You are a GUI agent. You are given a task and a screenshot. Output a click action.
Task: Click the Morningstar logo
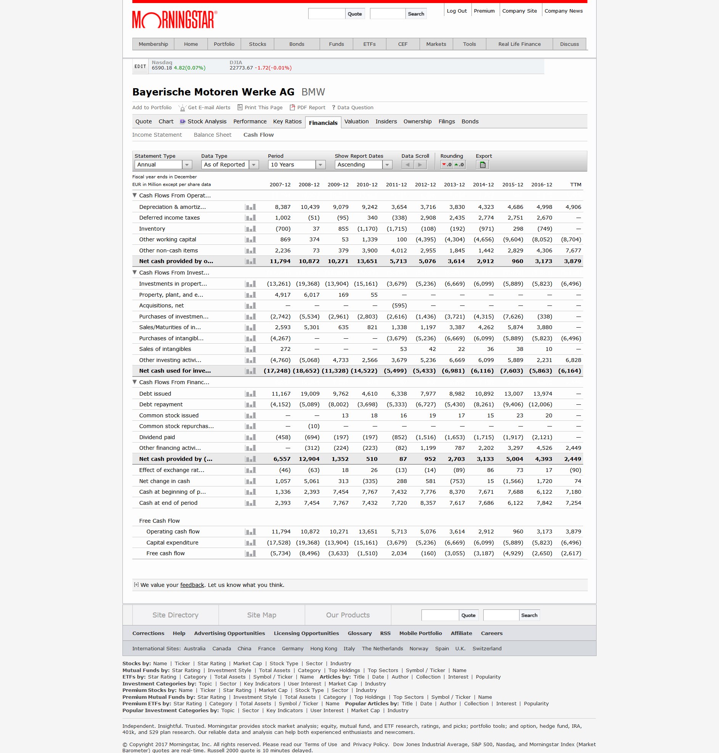coord(174,19)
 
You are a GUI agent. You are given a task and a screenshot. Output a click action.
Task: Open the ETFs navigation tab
coord(369,44)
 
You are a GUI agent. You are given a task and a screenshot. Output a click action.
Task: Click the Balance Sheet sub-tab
coord(212,135)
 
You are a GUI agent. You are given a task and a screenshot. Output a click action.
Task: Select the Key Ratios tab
coord(287,121)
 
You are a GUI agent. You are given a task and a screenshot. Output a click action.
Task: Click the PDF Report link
coord(311,108)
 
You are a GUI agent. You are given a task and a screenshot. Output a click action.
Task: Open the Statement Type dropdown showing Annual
coord(163,165)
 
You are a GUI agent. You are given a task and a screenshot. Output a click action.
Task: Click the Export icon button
coord(483,165)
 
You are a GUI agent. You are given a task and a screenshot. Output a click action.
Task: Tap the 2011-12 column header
coord(396,185)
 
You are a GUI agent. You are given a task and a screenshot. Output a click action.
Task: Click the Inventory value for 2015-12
coord(518,229)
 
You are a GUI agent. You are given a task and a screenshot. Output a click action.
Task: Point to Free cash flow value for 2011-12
coord(399,554)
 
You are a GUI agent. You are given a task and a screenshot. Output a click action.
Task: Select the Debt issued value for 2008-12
coord(310,394)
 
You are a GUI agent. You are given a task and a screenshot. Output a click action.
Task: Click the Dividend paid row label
coord(157,437)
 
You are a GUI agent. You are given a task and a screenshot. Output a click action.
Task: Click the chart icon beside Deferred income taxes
coord(250,218)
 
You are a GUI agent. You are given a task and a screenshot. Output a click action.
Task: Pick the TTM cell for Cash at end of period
coord(573,503)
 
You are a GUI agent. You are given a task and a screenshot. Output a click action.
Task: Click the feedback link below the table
coord(192,585)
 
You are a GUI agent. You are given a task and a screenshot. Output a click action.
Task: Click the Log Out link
coord(457,11)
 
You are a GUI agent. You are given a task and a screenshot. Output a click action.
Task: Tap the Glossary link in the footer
coord(359,633)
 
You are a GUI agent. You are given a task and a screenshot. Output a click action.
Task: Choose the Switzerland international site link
coord(486,649)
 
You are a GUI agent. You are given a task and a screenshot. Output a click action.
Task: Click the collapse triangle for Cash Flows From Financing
coord(135,382)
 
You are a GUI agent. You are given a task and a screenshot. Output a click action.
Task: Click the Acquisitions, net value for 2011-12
coord(399,306)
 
